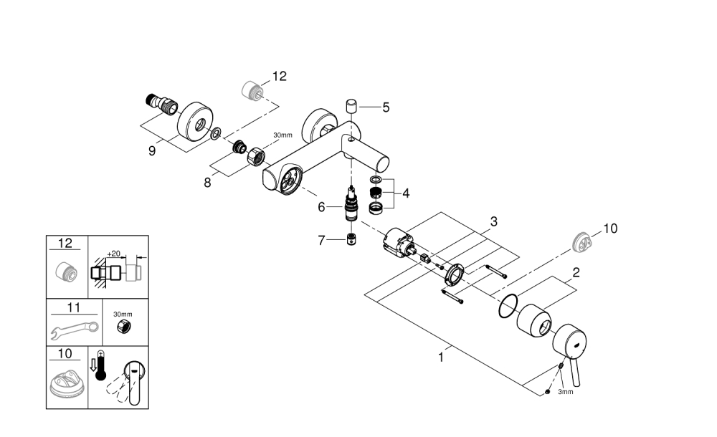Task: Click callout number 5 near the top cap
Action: click(386, 107)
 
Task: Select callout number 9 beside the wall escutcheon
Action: click(152, 151)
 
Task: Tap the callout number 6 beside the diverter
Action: click(322, 206)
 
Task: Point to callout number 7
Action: click(322, 241)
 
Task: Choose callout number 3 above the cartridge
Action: click(493, 221)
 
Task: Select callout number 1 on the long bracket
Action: click(440, 356)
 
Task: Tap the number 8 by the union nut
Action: click(206, 182)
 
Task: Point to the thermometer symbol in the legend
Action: click(100, 368)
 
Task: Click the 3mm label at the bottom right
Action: click(566, 393)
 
